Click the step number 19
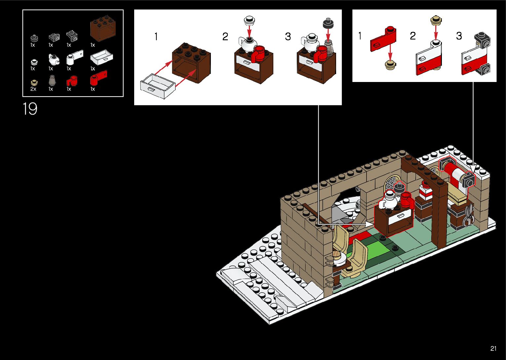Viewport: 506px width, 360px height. [x=30, y=109]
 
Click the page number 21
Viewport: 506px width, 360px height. [x=493, y=348]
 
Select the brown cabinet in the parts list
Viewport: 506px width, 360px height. [x=103, y=28]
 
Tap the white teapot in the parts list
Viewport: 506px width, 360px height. [x=54, y=59]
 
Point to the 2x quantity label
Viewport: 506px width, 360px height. [x=33, y=89]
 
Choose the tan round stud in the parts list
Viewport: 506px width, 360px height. [x=34, y=82]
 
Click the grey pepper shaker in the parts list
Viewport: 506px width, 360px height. [x=52, y=80]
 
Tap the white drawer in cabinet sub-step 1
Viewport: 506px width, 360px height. [x=158, y=86]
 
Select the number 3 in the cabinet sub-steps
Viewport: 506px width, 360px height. [x=288, y=36]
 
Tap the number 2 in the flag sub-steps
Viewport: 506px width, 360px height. [x=413, y=36]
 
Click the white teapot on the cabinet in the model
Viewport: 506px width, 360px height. [x=388, y=200]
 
